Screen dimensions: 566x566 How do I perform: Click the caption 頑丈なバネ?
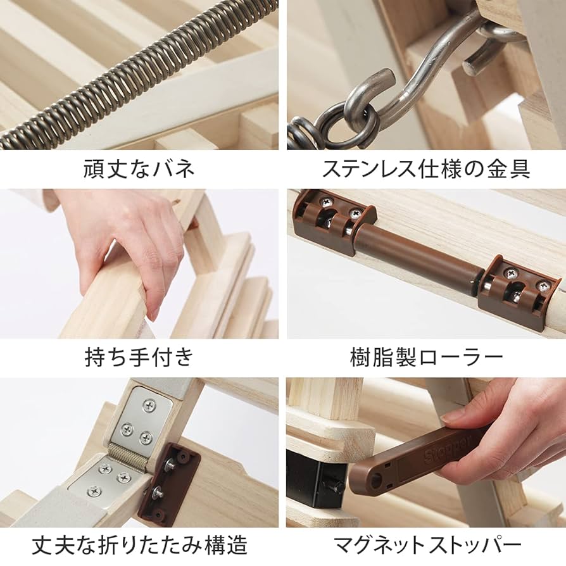(x=139, y=169)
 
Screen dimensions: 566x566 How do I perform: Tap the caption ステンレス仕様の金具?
(x=426, y=169)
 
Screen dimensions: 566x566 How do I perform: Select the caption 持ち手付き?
(x=139, y=358)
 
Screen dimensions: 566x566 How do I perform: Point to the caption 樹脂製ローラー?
(x=426, y=358)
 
